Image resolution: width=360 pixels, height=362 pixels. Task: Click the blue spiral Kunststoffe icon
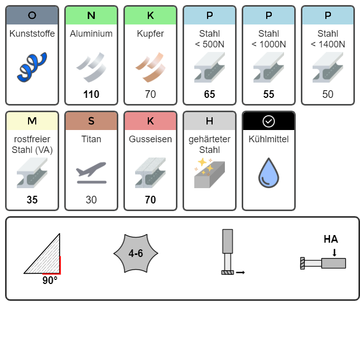coord(32,67)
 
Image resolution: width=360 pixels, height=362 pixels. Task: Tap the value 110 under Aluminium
coord(91,94)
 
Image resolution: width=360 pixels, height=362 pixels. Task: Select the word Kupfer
coord(150,34)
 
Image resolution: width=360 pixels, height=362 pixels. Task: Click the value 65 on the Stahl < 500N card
coord(210,94)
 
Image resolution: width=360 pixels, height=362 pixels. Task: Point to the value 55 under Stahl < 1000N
coord(269,94)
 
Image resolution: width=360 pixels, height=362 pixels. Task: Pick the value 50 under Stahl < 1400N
coord(328,94)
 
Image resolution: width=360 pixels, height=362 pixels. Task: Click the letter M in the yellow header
coord(32,121)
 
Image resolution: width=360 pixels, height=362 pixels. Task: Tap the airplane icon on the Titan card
coord(91,173)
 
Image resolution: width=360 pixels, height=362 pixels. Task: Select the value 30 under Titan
coord(91,200)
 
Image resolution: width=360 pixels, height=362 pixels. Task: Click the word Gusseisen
coord(150,139)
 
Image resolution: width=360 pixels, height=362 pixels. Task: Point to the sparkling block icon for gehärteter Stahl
coord(210,173)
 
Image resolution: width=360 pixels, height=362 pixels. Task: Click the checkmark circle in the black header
coord(269,121)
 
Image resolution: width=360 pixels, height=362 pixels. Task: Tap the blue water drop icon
coord(269,173)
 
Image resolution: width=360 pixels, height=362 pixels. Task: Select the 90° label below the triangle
coord(50,280)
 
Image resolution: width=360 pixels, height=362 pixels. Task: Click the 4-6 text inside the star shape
coord(136,253)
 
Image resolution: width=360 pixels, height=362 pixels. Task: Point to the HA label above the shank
coord(330,239)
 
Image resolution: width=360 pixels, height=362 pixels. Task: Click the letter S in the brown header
coord(91,121)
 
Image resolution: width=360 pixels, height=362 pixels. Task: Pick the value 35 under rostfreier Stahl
coord(32,200)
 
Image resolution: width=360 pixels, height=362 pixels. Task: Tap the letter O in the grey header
coord(32,15)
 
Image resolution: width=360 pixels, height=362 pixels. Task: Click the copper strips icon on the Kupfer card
coord(150,67)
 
